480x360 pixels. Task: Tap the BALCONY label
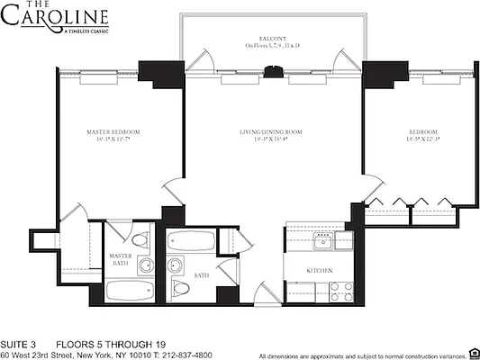point(272,39)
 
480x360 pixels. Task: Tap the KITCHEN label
point(320,270)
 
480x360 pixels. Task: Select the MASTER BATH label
point(122,259)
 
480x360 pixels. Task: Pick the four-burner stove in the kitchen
point(341,291)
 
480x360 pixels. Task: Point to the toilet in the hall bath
point(181,288)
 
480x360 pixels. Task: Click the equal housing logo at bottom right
point(471,353)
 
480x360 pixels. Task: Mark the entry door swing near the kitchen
point(263,292)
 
